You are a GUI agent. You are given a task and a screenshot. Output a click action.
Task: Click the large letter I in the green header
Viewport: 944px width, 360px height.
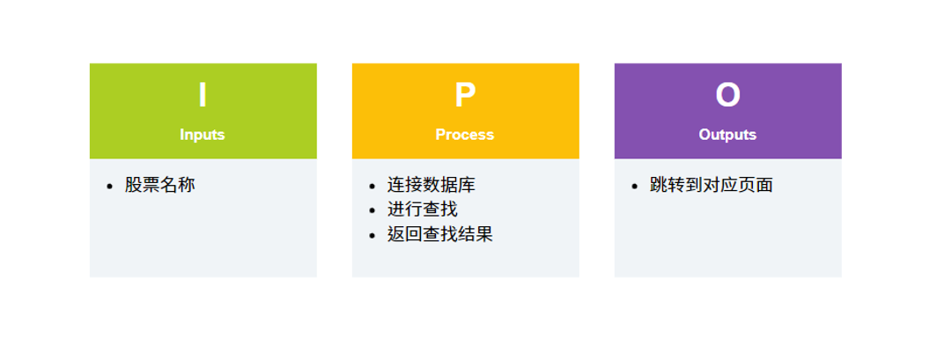pyautogui.click(x=203, y=95)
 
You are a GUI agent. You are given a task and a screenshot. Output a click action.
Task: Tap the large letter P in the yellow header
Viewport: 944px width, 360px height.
pyautogui.click(x=465, y=95)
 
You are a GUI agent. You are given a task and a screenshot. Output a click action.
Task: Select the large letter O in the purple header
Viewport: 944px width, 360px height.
pyautogui.click(x=727, y=95)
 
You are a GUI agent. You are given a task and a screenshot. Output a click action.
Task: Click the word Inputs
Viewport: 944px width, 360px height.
pyautogui.click(x=203, y=135)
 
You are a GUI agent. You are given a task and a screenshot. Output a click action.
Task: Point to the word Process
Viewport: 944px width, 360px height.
pyautogui.click(x=465, y=135)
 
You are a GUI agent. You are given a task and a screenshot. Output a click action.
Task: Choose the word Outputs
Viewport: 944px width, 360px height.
pyautogui.click(x=727, y=135)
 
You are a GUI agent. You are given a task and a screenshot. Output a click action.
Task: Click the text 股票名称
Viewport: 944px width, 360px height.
pyautogui.click(x=159, y=185)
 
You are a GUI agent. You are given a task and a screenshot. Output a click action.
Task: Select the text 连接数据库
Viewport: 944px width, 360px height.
pyautogui.click(x=431, y=185)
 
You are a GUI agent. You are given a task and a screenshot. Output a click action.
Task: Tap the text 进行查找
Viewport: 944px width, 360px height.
pyautogui.click(x=423, y=209)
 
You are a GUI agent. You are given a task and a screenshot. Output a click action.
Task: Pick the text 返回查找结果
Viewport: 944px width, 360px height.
pyautogui.click(x=440, y=234)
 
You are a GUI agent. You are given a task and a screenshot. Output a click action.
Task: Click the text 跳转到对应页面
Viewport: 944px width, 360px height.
pyautogui.click(x=712, y=185)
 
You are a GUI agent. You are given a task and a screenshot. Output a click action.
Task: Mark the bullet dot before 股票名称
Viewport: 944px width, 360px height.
pyautogui.click(x=109, y=186)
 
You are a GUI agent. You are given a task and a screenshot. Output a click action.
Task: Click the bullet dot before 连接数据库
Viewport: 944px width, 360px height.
pyautogui.click(x=372, y=186)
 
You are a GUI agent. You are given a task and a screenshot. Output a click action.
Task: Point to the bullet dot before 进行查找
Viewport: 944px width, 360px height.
pyautogui.click(x=372, y=210)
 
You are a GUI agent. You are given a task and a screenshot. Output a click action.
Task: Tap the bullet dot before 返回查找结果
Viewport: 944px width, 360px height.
pyautogui.click(x=372, y=235)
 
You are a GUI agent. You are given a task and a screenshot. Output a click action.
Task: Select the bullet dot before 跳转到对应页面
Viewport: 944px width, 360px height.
pyautogui.click(x=634, y=186)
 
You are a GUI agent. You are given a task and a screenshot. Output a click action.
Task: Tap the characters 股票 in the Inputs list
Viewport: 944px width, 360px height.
pyautogui.click(x=142, y=185)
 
